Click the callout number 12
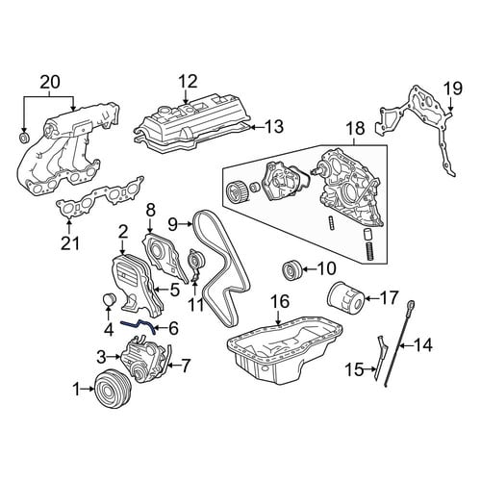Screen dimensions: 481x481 point(188,82)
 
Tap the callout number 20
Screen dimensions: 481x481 point(50,83)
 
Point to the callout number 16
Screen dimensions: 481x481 point(280,301)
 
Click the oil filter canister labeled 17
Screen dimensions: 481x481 point(345,296)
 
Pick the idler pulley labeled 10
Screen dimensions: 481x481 point(291,270)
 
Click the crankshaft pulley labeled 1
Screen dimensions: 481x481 point(113,389)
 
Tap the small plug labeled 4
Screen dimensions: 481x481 point(110,299)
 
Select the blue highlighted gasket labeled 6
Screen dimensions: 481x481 point(139,326)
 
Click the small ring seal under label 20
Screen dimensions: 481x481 point(24,138)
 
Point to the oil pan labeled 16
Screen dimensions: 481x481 point(284,348)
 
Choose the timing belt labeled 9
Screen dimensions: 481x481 point(219,267)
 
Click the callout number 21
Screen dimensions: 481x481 point(70,243)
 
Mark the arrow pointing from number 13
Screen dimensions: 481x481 point(257,127)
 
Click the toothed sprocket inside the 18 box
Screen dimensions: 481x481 point(236,191)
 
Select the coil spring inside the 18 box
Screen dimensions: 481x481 point(371,251)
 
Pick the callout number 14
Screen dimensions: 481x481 point(422,345)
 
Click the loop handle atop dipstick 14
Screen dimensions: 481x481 point(412,304)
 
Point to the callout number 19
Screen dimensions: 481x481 point(453,89)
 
